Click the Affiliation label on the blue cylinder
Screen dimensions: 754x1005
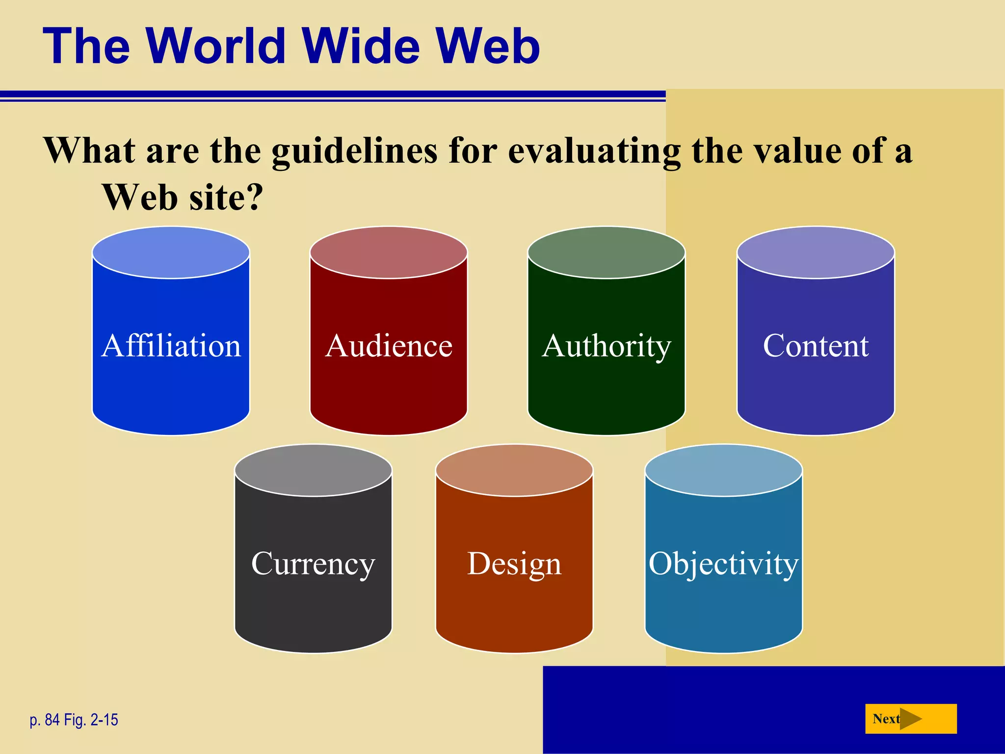(171, 346)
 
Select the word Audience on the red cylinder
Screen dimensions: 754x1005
(389, 346)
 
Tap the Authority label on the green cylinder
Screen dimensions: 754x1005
(607, 346)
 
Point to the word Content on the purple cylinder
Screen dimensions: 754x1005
(816, 346)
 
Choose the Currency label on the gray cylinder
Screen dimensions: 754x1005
(313, 564)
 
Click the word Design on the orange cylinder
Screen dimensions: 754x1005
(514, 564)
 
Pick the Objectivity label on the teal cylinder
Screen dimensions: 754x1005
(724, 564)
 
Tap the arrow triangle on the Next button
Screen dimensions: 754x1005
(911, 719)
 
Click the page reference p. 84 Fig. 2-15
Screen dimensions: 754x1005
(74, 720)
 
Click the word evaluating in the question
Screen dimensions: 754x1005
(594, 151)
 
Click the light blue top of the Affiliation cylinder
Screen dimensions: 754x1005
(171, 252)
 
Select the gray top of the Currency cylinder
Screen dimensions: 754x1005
(313, 470)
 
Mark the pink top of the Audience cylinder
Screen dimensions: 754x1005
(389, 252)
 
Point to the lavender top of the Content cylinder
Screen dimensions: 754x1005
(816, 252)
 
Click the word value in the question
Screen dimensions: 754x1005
(797, 151)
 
